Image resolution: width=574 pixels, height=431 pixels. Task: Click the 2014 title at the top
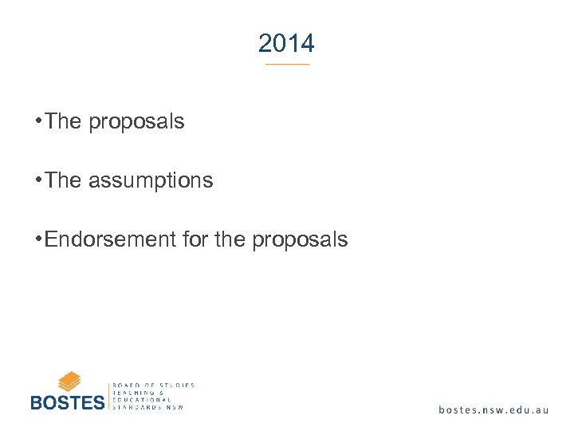[x=286, y=43]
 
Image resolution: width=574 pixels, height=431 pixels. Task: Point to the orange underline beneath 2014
[x=287, y=64]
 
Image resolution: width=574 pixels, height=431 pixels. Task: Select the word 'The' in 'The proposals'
[x=64, y=121]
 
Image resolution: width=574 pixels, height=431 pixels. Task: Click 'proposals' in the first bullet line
[x=136, y=123]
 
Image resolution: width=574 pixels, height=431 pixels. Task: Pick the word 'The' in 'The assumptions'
[x=64, y=180]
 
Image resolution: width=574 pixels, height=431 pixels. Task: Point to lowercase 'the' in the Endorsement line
[x=231, y=239]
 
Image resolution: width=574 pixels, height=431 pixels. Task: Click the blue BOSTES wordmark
[x=67, y=401]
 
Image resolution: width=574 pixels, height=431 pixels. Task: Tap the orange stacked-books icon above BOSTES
[x=69, y=381]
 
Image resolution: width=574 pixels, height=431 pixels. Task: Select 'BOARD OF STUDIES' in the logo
[x=154, y=386]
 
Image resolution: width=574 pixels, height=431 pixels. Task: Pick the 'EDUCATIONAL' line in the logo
[x=143, y=400]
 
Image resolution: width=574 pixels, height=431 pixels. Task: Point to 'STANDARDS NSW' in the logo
[x=149, y=407]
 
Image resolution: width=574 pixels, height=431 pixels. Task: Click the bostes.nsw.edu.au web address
[x=493, y=409]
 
